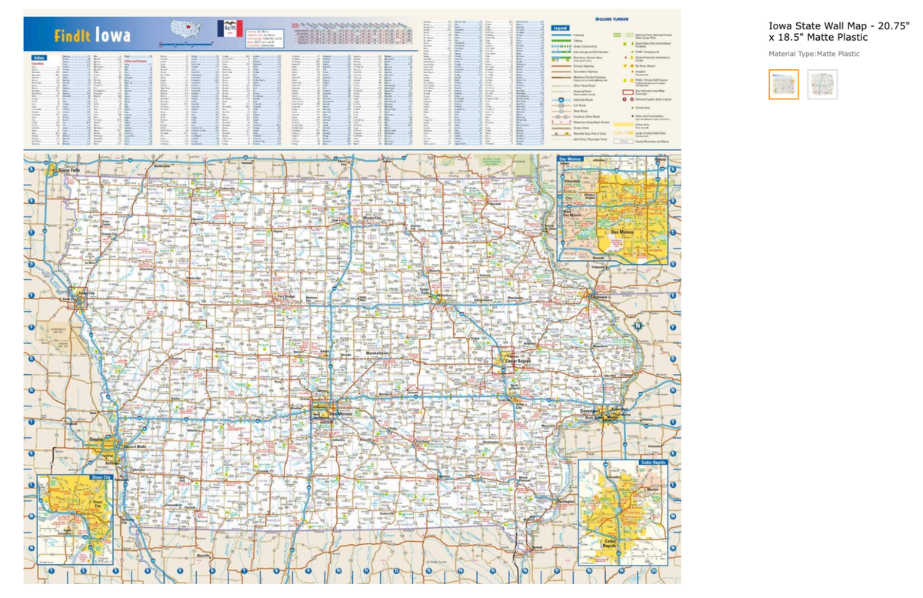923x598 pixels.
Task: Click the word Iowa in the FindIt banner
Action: [112, 36]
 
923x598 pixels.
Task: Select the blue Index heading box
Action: [38, 58]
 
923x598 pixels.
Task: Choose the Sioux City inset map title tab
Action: [61, 479]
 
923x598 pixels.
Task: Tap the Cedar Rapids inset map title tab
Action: [652, 462]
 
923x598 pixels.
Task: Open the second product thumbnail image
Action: [822, 85]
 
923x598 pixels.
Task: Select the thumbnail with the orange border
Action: [784, 85]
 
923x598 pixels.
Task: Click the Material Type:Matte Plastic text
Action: [814, 54]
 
